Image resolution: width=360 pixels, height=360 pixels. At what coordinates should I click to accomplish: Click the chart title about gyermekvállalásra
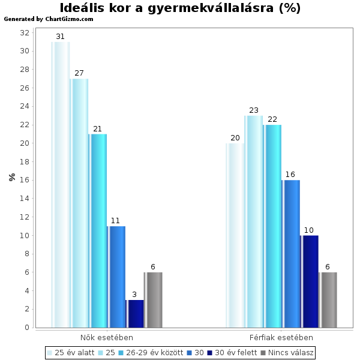(180, 8)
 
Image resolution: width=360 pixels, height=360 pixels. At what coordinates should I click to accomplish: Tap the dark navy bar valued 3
(134, 314)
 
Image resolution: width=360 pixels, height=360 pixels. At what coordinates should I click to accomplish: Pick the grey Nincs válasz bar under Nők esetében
(153, 300)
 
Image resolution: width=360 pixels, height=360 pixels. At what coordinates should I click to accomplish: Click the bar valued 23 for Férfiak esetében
(253, 222)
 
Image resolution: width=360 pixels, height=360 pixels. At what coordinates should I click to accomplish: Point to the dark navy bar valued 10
(309, 281)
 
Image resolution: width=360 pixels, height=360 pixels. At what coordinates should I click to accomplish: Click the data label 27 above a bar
(79, 73)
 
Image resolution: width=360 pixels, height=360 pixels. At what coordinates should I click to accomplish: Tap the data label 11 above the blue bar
(116, 221)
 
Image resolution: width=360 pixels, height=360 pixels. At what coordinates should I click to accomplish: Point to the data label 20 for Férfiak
(235, 138)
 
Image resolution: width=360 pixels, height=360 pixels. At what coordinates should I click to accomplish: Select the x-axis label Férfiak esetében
(281, 338)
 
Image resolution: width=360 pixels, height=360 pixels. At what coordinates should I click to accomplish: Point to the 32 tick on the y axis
(25, 32)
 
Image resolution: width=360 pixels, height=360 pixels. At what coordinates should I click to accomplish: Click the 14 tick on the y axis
(25, 199)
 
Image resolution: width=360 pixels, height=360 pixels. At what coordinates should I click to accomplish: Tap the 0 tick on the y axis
(27, 328)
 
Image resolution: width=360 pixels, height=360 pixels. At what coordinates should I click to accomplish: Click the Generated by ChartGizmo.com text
(49, 19)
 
